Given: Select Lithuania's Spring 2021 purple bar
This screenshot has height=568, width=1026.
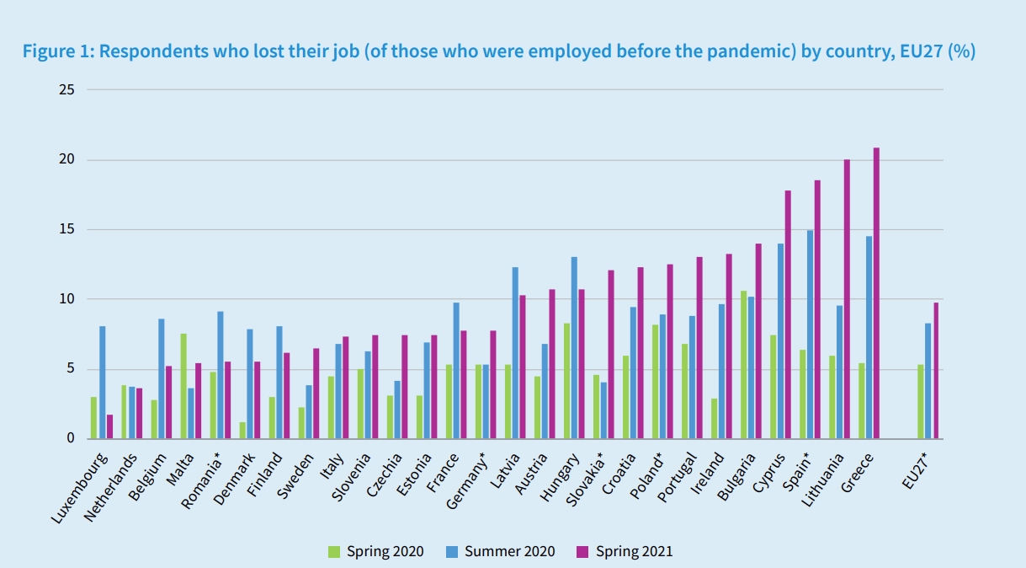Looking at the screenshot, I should click(x=847, y=299).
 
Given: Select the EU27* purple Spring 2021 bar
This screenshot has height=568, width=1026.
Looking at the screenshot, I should click(x=935, y=370).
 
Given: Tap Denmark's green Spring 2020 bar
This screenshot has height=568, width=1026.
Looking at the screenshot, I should click(x=242, y=430).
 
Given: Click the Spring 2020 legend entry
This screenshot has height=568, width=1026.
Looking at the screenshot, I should click(x=375, y=552).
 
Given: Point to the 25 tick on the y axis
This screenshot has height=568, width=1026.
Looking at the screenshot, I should click(x=66, y=89).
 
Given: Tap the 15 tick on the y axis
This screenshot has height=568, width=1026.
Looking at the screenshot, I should click(x=66, y=229).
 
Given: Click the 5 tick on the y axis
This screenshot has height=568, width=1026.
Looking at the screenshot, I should click(x=69, y=369).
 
